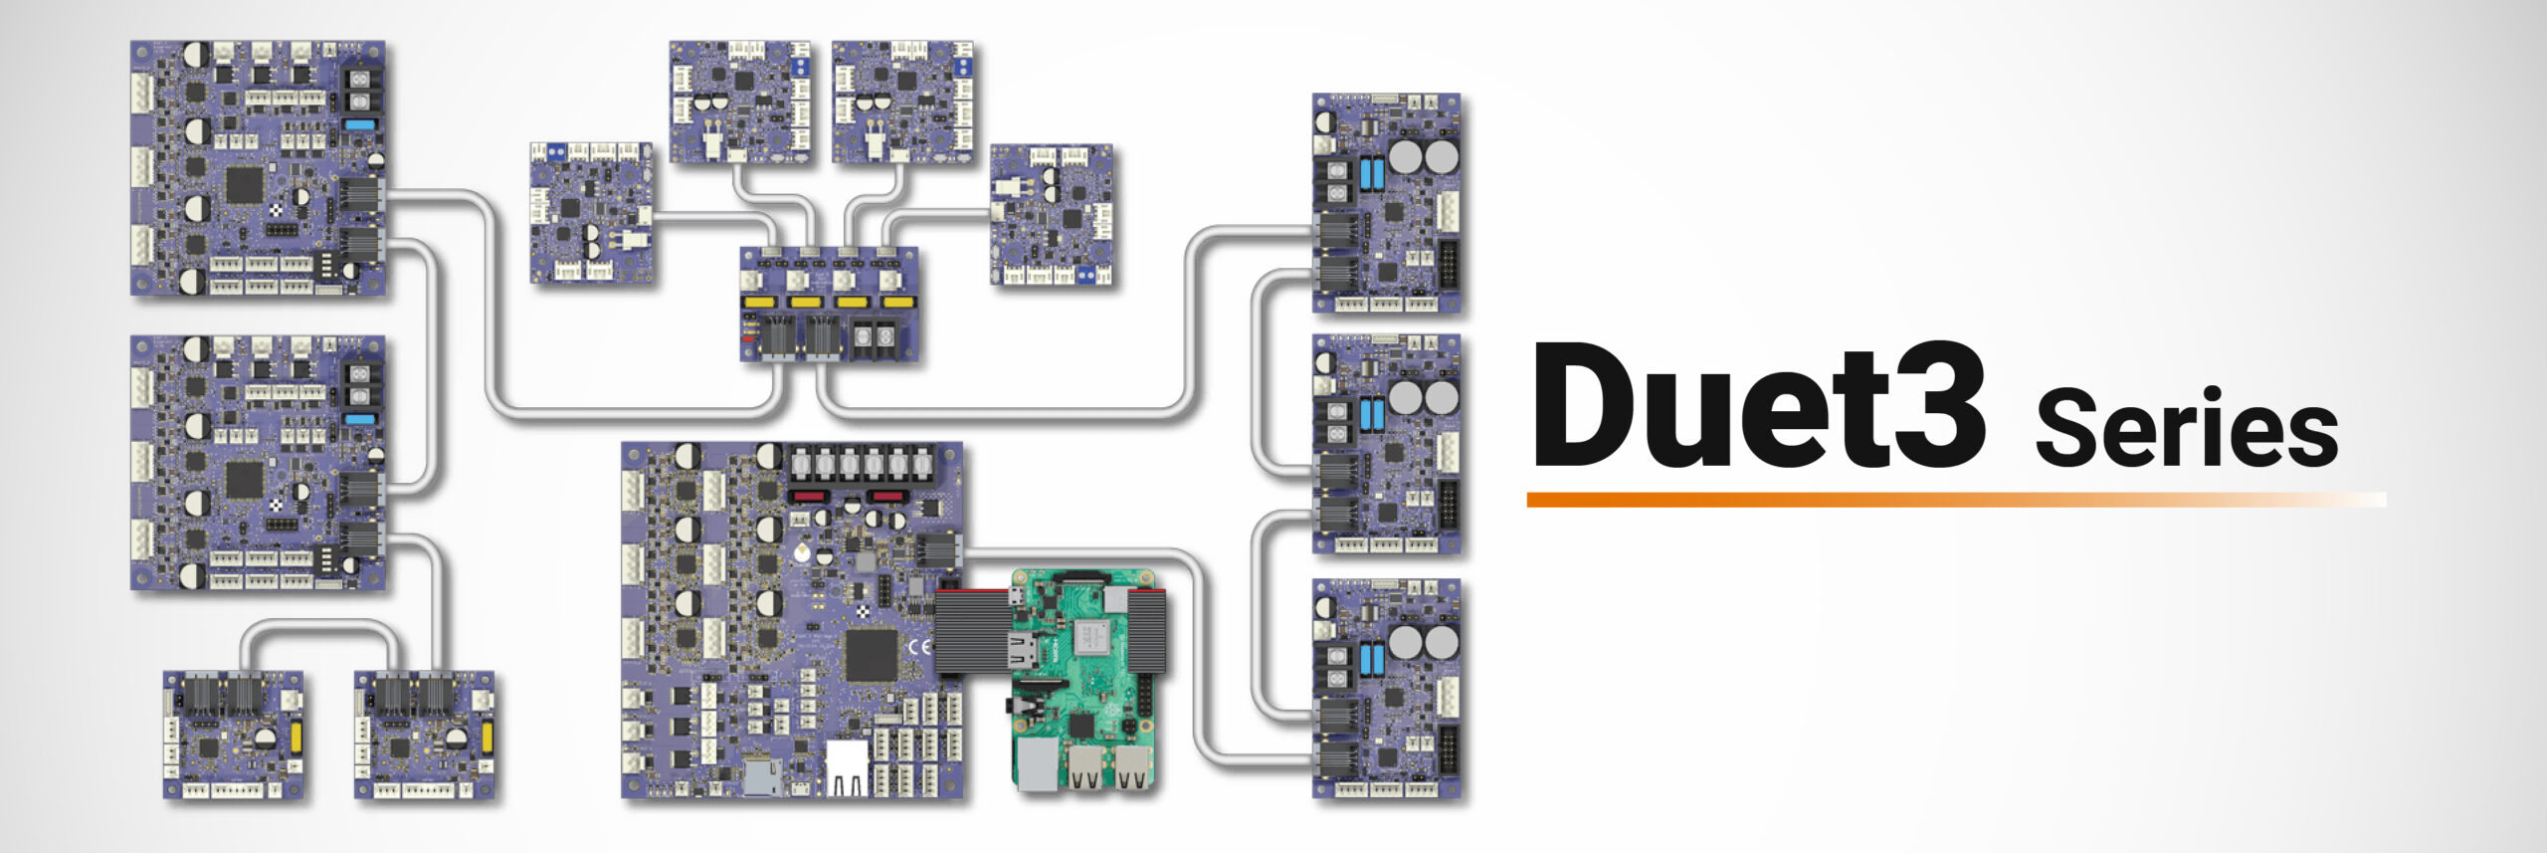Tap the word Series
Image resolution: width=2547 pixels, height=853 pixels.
[2186, 428]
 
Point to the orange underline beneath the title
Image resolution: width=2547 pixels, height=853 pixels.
[1890, 499]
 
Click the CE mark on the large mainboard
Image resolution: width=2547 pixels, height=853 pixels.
[919, 647]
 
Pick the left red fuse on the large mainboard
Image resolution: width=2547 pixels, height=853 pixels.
[807, 496]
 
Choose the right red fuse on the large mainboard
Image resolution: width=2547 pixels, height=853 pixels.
[885, 496]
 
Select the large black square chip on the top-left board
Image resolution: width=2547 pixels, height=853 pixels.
[245, 185]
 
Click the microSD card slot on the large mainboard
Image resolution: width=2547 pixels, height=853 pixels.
[761, 775]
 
